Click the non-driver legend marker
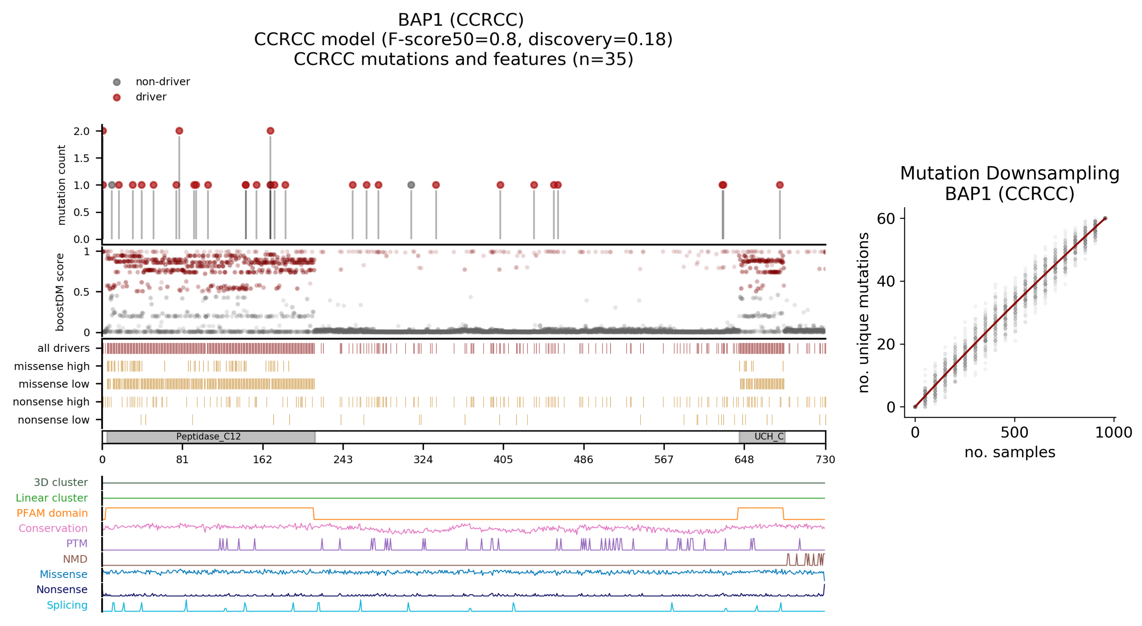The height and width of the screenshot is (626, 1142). (117, 82)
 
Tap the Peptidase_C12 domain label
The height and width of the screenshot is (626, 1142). (208, 437)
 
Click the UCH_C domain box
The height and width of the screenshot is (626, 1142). (762, 437)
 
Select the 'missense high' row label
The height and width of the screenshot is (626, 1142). (52, 366)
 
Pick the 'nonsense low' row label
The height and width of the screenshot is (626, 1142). (54, 420)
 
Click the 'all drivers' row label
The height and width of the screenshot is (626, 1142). (64, 348)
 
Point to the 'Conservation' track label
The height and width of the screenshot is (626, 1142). (53, 528)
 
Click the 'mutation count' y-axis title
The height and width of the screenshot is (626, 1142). (61, 185)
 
